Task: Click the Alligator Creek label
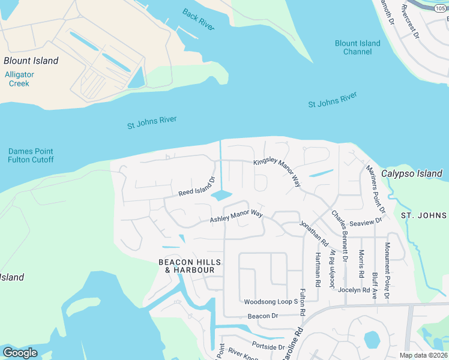click(19, 79)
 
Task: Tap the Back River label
click(198, 19)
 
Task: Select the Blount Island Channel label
click(357, 47)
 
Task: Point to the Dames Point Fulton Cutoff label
click(31, 155)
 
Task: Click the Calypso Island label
click(413, 173)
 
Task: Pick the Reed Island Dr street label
click(196, 187)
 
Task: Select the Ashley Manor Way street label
click(236, 216)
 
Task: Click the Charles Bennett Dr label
click(340, 235)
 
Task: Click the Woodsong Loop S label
click(271, 301)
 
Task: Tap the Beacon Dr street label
click(263, 316)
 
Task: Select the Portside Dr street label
click(268, 347)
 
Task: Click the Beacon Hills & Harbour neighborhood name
click(185, 266)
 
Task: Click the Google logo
click(20, 353)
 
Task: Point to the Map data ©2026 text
click(423, 355)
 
